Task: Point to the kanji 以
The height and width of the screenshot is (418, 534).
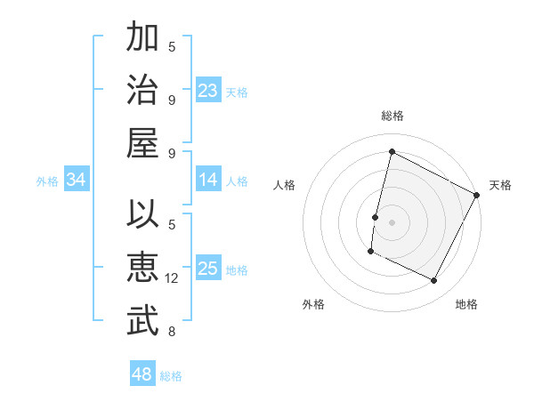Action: pyautogui.click(x=142, y=216)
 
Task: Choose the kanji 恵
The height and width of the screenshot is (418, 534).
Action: pyautogui.click(x=142, y=269)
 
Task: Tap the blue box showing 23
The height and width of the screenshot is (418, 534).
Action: pyautogui.click(x=208, y=91)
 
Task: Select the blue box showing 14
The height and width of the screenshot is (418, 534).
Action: pyautogui.click(x=208, y=180)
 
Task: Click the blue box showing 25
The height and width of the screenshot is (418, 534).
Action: pyautogui.click(x=208, y=269)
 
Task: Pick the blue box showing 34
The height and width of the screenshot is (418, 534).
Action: pyautogui.click(x=77, y=181)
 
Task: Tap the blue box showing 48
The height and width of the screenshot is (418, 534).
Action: pyautogui.click(x=142, y=374)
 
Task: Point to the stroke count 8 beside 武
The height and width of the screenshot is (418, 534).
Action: pyautogui.click(x=172, y=332)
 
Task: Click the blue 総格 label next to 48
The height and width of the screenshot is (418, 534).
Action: pyautogui.click(x=171, y=376)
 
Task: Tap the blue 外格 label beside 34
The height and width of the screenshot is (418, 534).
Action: pyautogui.click(x=47, y=181)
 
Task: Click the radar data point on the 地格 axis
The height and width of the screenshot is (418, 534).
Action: pyautogui.click(x=434, y=281)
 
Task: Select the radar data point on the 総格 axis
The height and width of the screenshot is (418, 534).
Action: pyautogui.click(x=392, y=151)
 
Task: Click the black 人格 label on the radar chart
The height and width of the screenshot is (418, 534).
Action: pyautogui.click(x=285, y=185)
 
